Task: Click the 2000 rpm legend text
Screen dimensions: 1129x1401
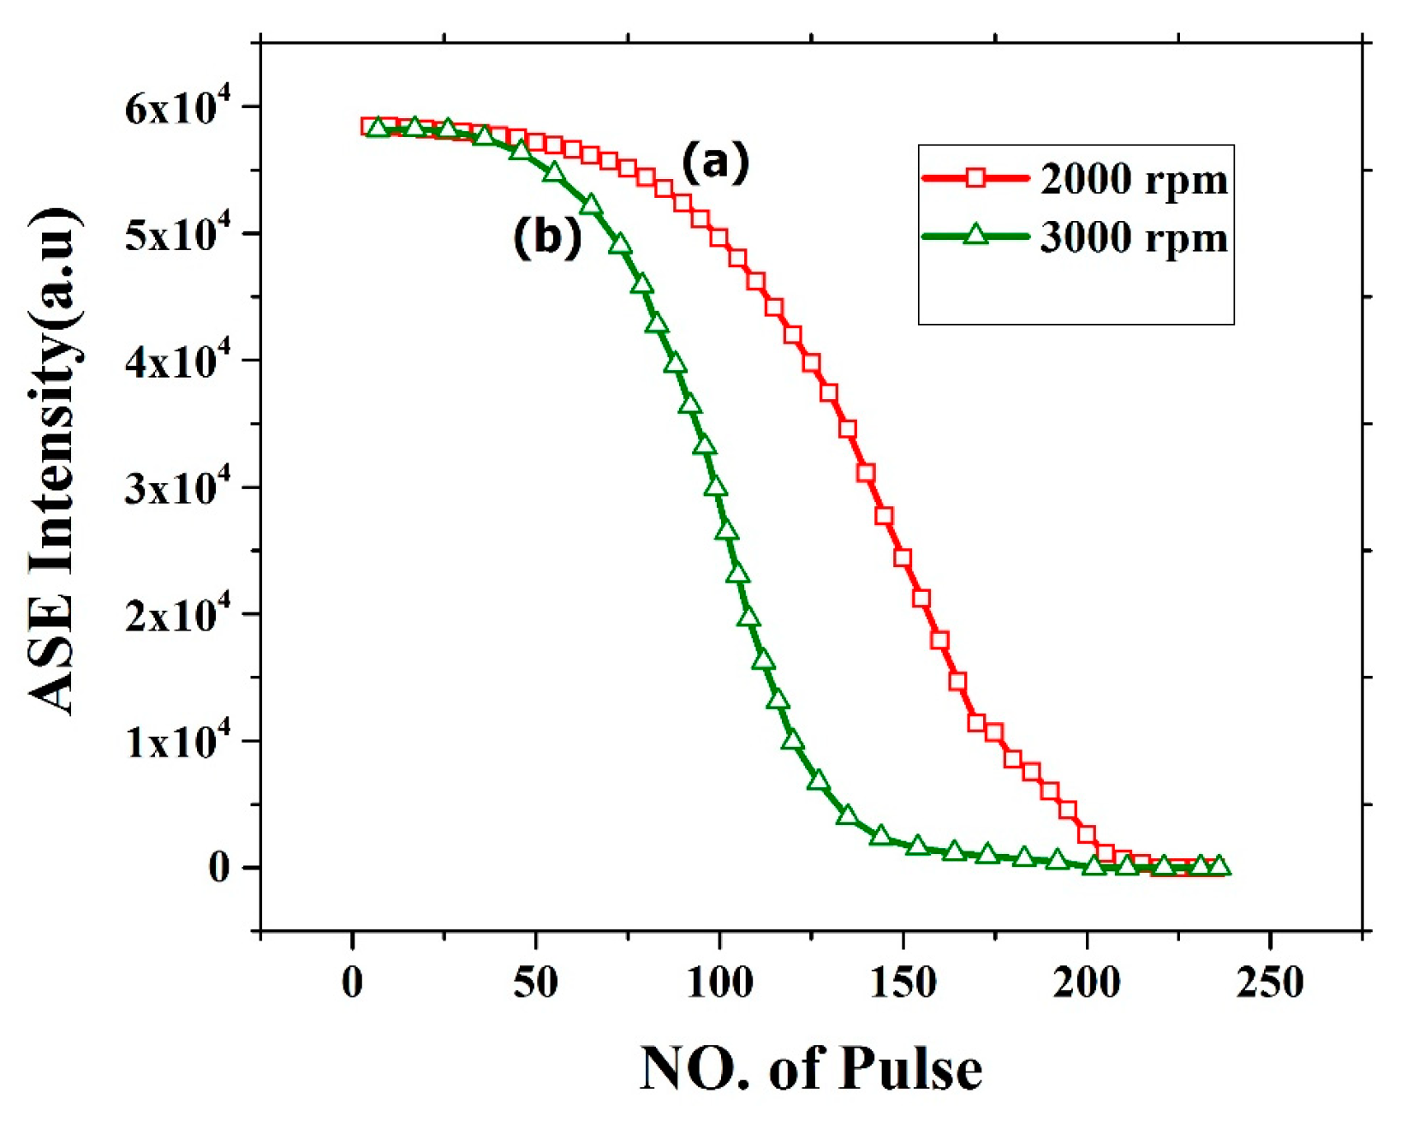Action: pyautogui.click(x=1134, y=180)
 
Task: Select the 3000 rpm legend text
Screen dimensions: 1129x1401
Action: pyautogui.click(x=1134, y=237)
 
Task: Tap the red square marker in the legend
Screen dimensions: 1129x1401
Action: pyautogui.click(x=975, y=178)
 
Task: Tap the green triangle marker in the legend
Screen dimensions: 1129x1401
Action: pyautogui.click(x=975, y=234)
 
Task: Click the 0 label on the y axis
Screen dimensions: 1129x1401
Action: pyautogui.click(x=219, y=868)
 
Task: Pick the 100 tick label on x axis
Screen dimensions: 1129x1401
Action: pyautogui.click(x=719, y=983)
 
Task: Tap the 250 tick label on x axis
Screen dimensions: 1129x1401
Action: pyautogui.click(x=1269, y=983)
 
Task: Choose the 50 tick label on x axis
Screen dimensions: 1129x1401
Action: pyautogui.click(x=536, y=983)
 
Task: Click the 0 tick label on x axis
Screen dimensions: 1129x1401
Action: pyautogui.click(x=352, y=983)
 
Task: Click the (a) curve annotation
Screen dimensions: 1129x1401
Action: pyautogui.click(x=715, y=161)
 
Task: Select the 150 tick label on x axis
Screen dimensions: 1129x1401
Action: pyautogui.click(x=903, y=983)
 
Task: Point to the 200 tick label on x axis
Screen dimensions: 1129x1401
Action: pyautogui.click(x=1086, y=983)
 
